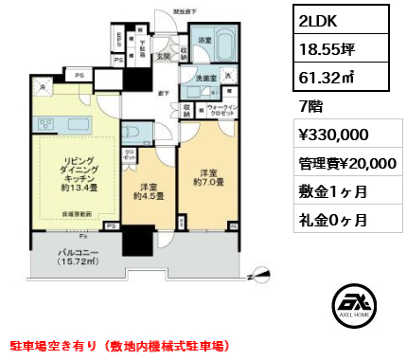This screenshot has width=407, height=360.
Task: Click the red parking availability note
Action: [x=117, y=348]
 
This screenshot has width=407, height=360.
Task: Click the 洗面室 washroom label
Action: [x=207, y=80]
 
